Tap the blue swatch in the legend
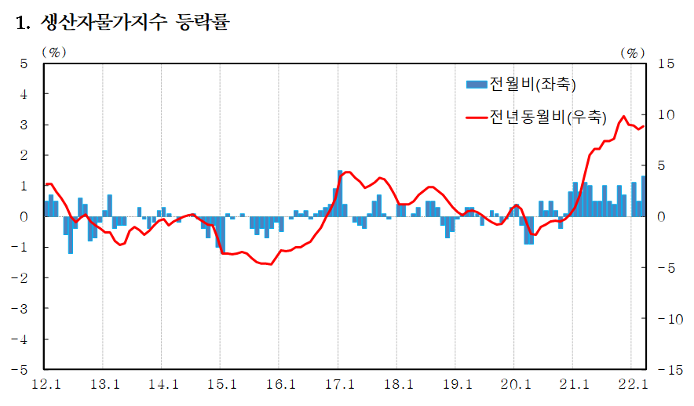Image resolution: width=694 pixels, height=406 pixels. pyautogui.click(x=477, y=83)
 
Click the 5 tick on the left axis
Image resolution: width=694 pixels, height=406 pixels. pyautogui.click(x=24, y=63)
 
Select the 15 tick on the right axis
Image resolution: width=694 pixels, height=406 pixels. pyautogui.click(x=665, y=63)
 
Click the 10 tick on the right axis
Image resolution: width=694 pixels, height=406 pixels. pyautogui.click(x=665, y=114)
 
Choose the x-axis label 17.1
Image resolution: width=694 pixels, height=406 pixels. pyautogui.click(x=339, y=384)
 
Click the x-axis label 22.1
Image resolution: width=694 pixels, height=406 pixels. pyautogui.click(x=632, y=384)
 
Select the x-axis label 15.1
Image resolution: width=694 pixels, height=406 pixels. pyautogui.click(x=221, y=384)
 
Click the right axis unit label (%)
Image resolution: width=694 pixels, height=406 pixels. pyautogui.click(x=632, y=52)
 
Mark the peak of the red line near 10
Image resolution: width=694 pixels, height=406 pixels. pyautogui.click(x=624, y=116)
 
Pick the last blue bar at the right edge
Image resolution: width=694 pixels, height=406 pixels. pyautogui.click(x=644, y=196)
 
